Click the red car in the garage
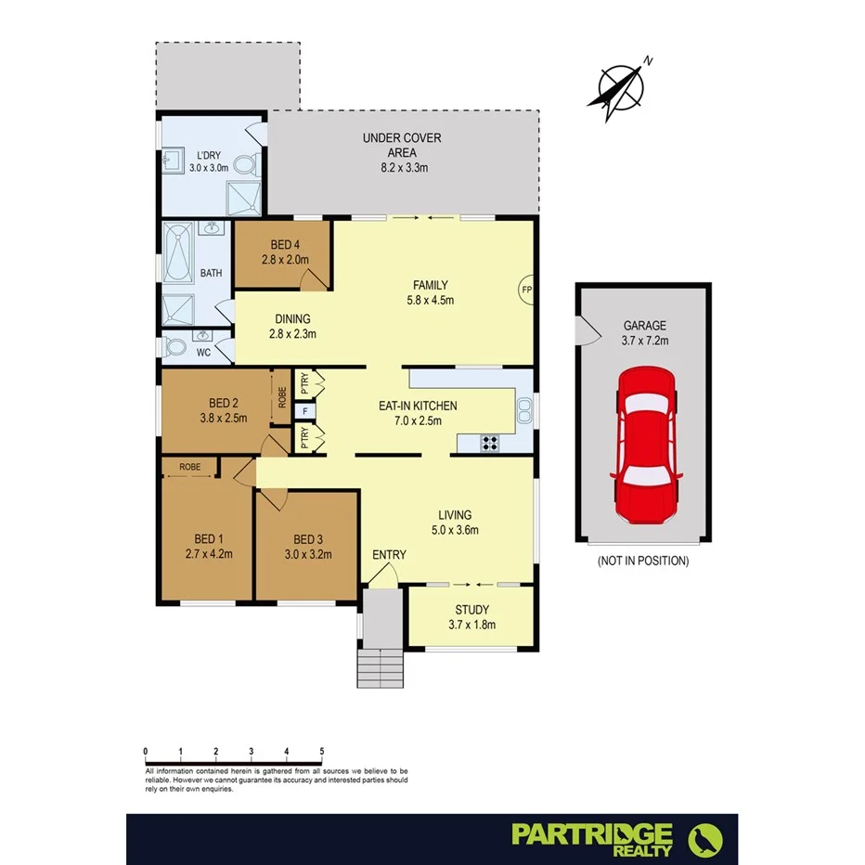tap(646, 444)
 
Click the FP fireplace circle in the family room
tap(526, 290)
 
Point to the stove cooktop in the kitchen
tap(490, 443)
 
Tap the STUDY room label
tap(472, 617)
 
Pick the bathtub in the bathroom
tap(177, 254)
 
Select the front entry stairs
tap(381, 666)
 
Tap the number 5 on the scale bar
tap(322, 752)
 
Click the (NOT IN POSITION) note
tap(643, 561)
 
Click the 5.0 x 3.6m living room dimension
tap(455, 530)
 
